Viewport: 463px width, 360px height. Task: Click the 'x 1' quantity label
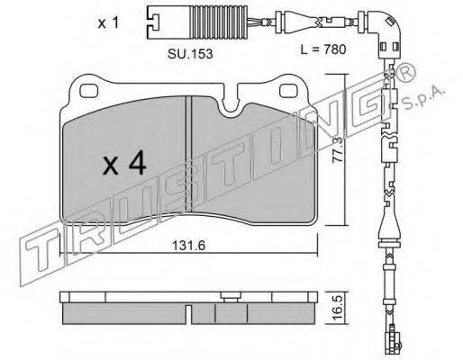pyautogui.click(x=109, y=23)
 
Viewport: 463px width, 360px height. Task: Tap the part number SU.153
pyautogui.click(x=190, y=54)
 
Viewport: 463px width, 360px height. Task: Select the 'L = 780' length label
pyautogui.click(x=323, y=49)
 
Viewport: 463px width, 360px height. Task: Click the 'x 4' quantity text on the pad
pyautogui.click(x=124, y=163)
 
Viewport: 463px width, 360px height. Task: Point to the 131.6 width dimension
pyautogui.click(x=189, y=246)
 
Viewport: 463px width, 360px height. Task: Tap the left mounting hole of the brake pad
pyautogui.click(x=89, y=91)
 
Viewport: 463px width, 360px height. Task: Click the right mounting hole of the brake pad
pyautogui.click(x=289, y=91)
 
